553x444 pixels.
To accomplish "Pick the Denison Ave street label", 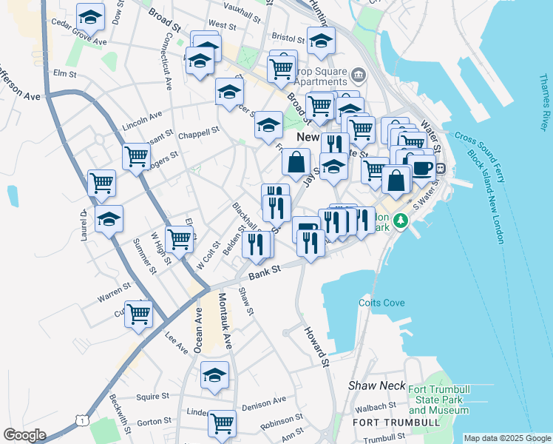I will click(x=263, y=402).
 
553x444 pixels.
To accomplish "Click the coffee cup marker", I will click(x=422, y=167).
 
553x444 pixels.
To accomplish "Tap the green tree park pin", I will click(x=400, y=221).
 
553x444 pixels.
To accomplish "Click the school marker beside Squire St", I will click(x=214, y=374).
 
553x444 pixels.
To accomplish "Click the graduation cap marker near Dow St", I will click(x=91, y=16).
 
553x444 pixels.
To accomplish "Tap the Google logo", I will click(x=24, y=435).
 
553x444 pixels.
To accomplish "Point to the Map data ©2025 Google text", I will click(x=507, y=438).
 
